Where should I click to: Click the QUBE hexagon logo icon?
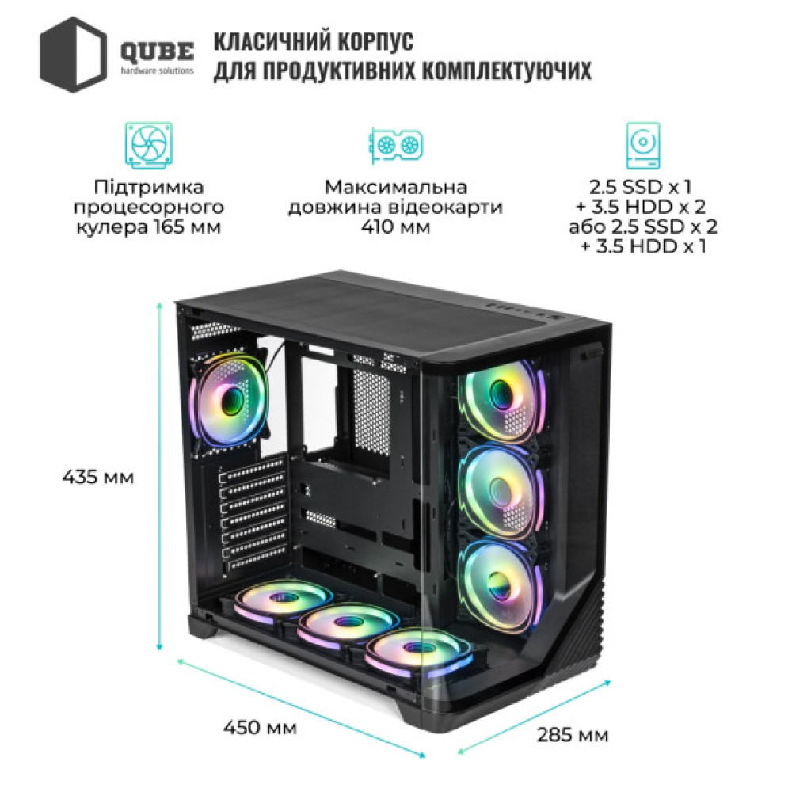coord(73,55)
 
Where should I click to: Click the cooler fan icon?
coord(147,145)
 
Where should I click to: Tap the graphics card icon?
coord(395,145)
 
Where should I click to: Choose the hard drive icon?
coord(643,145)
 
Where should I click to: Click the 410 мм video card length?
coord(396,228)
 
